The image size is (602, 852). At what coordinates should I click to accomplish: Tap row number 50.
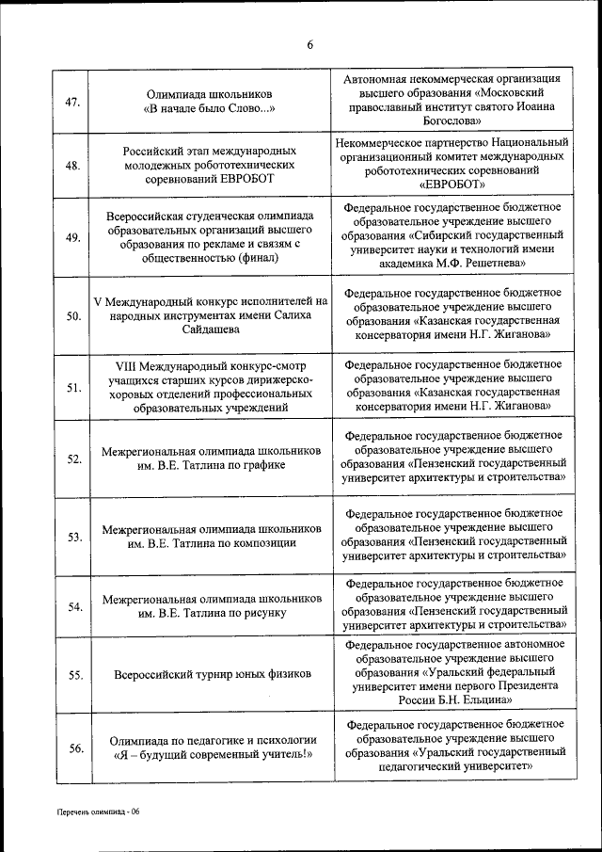point(72,316)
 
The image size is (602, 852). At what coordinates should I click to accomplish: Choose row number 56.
point(72,748)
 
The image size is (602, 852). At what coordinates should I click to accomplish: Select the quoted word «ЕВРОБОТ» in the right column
point(454,185)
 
